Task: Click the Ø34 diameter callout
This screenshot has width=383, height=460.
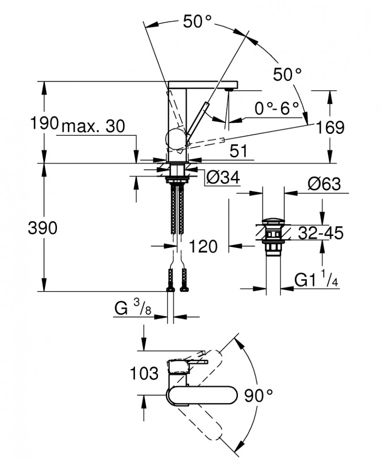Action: [222, 178]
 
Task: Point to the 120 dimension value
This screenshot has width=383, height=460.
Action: [203, 247]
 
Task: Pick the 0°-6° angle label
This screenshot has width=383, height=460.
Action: [277, 108]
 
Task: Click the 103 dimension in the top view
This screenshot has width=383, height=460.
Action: [144, 373]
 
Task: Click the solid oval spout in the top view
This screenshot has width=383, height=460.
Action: [202, 396]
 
